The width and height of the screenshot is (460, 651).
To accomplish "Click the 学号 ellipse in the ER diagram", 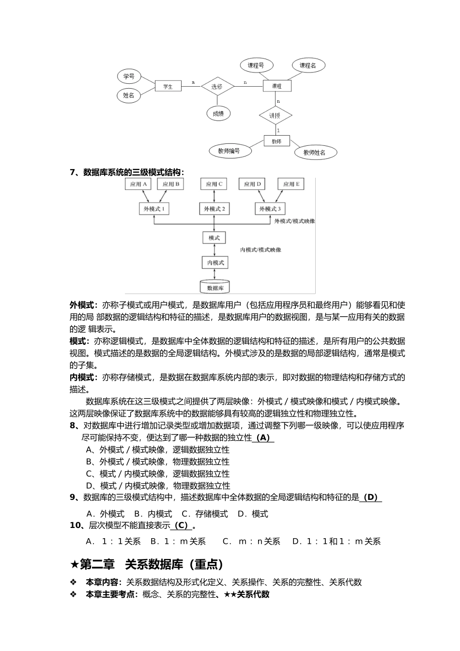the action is (x=129, y=76).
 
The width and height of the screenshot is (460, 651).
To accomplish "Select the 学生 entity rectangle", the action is (x=168, y=86).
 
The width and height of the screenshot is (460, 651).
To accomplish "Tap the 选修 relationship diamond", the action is (x=217, y=86).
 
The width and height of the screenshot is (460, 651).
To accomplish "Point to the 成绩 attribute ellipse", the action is (x=218, y=114).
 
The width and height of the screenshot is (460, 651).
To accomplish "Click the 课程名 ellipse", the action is (x=308, y=65).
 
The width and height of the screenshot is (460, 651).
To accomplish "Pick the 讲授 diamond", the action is (x=275, y=115).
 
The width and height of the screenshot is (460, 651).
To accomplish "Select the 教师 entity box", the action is (x=276, y=141).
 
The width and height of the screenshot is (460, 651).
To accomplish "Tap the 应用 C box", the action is (x=214, y=184).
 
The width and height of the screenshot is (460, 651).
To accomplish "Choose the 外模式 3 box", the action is (x=270, y=209).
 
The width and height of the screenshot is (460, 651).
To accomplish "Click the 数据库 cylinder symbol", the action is (x=215, y=286).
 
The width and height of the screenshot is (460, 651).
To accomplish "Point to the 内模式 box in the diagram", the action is (x=215, y=263).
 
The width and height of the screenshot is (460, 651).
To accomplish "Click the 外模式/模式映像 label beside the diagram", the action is (x=294, y=221).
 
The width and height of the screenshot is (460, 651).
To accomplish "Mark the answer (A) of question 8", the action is (x=262, y=438).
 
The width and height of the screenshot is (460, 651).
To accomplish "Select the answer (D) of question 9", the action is (x=370, y=497).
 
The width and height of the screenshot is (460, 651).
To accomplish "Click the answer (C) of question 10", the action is (x=181, y=526).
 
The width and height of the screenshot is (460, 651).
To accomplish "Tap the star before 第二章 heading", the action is (x=74, y=565).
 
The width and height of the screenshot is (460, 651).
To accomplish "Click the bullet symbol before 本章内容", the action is (x=74, y=582).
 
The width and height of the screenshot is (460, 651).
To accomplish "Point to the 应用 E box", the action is (x=291, y=184).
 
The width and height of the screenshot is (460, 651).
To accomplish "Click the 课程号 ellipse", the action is (x=256, y=65).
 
